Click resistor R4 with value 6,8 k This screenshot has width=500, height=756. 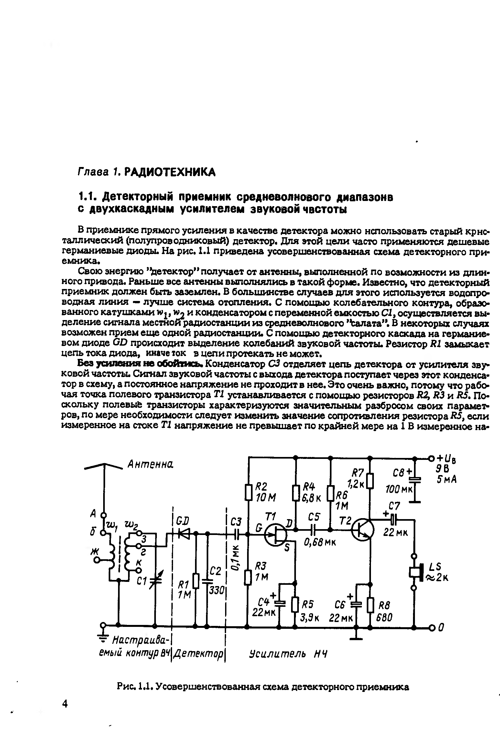[x=295, y=492]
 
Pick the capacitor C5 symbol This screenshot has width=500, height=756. [x=313, y=530]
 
